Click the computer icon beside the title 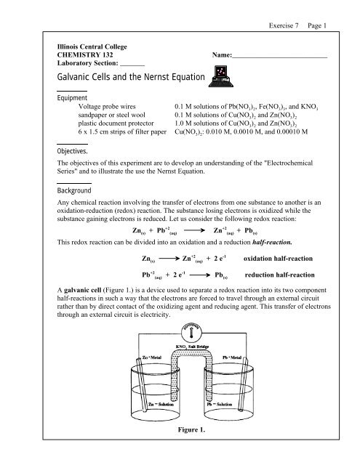217,75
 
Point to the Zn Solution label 161,424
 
